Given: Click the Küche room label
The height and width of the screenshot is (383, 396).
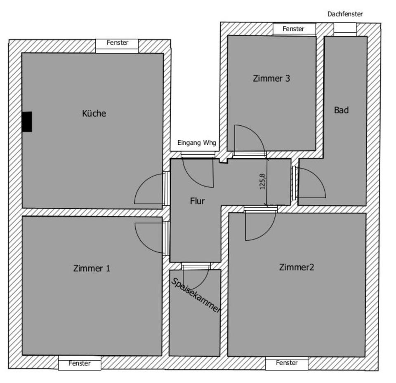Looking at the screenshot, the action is tap(94, 113).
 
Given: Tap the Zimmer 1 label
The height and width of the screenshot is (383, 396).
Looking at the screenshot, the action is tap(92, 268).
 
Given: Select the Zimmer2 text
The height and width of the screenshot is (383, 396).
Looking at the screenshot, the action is tap(297, 268).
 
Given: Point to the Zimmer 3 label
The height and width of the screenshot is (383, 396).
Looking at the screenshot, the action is tap(271, 78).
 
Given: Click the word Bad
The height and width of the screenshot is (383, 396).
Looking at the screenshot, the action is tap(341, 110).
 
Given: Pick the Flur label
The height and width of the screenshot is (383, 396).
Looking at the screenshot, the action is tap(197, 201).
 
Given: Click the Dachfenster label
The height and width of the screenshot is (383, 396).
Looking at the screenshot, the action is tap(345, 14).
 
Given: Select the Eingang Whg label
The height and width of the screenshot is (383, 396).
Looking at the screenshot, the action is tap(196, 143).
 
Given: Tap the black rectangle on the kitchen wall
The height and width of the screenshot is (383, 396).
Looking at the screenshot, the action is tap(27, 122).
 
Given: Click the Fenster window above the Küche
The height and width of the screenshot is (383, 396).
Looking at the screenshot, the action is tap(117, 43).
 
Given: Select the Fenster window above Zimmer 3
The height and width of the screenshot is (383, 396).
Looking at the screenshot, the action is tap(294, 29).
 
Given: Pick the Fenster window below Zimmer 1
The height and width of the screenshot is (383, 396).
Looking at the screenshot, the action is tap(79, 364).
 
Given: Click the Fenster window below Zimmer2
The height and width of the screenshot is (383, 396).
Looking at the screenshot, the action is tap(287, 363).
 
